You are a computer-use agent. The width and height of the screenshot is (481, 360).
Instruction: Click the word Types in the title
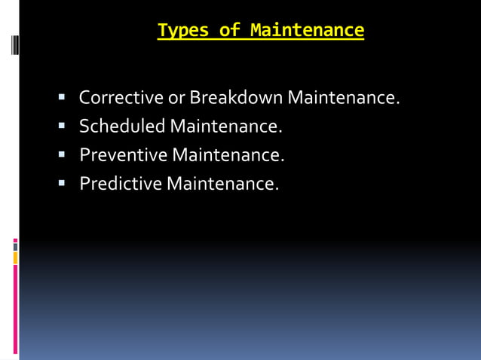(x=184, y=31)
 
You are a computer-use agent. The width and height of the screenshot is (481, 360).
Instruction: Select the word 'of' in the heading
(x=229, y=31)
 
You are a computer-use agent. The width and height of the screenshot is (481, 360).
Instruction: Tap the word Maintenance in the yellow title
(x=307, y=31)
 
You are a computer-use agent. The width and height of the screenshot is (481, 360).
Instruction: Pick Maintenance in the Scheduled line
(x=226, y=127)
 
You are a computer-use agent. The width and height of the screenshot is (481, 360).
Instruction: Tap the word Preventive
(x=124, y=155)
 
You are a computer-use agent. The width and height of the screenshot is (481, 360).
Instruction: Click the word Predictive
(x=121, y=184)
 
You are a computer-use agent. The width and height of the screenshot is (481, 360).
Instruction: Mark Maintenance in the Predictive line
(x=223, y=184)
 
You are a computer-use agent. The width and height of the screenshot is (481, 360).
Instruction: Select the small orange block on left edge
(x=15, y=258)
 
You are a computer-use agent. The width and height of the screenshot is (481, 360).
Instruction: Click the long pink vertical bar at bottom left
(x=15, y=309)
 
